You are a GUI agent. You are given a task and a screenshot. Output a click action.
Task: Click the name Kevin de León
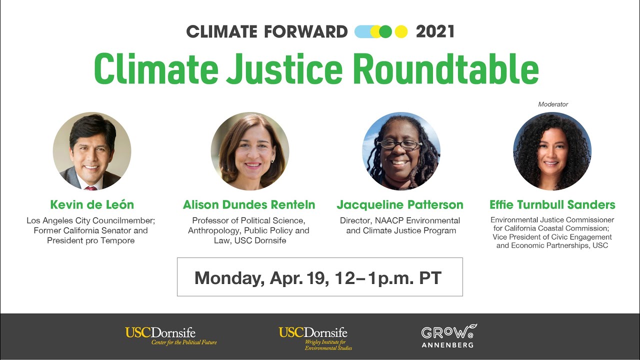(92, 205)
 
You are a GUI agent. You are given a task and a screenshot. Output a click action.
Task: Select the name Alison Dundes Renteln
(249, 205)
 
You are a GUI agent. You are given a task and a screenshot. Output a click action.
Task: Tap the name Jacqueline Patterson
(400, 205)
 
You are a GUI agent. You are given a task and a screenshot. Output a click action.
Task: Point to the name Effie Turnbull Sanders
(552, 205)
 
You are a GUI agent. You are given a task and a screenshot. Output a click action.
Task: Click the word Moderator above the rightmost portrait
(553, 104)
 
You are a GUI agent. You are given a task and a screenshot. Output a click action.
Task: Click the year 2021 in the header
(435, 32)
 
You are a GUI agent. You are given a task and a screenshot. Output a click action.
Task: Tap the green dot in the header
(385, 32)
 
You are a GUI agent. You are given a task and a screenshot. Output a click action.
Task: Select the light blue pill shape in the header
(363, 32)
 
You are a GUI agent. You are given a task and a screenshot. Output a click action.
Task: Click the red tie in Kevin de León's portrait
(90, 188)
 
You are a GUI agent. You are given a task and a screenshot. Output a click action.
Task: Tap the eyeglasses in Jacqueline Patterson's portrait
(399, 145)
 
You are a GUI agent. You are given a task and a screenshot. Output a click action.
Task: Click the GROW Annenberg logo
(448, 336)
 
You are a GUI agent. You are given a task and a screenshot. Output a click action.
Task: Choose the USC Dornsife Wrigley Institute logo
(315, 338)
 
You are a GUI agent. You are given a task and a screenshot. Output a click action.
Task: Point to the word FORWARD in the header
(305, 32)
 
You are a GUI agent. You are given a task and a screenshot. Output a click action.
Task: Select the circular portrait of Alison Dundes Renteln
(250, 151)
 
